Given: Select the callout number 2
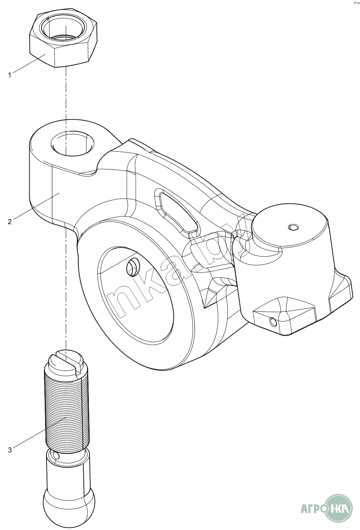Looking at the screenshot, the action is click(x=10, y=221).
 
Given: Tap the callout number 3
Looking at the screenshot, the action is click(x=10, y=450).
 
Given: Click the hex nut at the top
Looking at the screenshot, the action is click(x=63, y=51).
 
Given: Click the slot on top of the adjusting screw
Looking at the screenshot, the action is click(x=66, y=360).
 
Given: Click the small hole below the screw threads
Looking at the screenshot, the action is click(x=55, y=456).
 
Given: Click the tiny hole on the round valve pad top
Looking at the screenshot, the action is click(x=293, y=227).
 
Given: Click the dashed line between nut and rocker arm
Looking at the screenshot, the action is click(x=66, y=94).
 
